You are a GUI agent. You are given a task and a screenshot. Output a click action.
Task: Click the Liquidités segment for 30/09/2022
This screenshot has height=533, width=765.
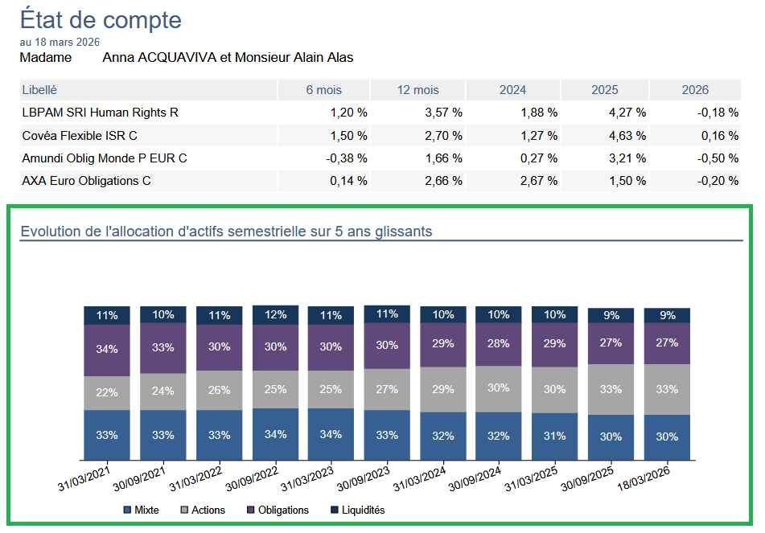[275, 314]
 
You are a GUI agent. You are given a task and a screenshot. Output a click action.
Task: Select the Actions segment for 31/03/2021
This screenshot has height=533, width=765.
[107, 392]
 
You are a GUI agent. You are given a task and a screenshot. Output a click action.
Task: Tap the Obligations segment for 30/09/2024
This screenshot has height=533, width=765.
[499, 344]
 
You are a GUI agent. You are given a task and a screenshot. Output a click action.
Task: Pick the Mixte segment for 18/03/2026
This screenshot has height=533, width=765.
[667, 437]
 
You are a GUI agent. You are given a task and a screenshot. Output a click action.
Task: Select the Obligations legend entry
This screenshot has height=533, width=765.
[279, 510]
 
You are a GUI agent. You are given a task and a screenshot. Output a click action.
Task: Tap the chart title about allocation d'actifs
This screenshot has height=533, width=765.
[226, 232]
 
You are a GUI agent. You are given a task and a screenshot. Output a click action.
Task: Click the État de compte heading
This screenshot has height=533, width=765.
[101, 19]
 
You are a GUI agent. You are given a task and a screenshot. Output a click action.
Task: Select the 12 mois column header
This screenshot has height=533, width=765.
[418, 90]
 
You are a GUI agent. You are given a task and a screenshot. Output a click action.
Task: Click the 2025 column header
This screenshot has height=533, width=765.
[605, 90]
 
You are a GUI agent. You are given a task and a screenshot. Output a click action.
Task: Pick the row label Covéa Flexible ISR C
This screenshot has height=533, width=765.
[80, 136]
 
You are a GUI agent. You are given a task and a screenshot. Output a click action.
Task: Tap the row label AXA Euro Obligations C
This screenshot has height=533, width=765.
[86, 181]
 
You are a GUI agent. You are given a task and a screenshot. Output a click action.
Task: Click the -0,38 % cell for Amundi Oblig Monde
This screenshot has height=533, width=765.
[347, 158]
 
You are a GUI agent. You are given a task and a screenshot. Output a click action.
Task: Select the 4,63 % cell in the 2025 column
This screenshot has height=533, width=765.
[627, 136]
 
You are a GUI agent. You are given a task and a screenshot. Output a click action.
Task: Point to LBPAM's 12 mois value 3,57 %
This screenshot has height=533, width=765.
[443, 113]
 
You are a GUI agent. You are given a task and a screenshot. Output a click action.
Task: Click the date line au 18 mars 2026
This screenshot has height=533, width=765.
[60, 43]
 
